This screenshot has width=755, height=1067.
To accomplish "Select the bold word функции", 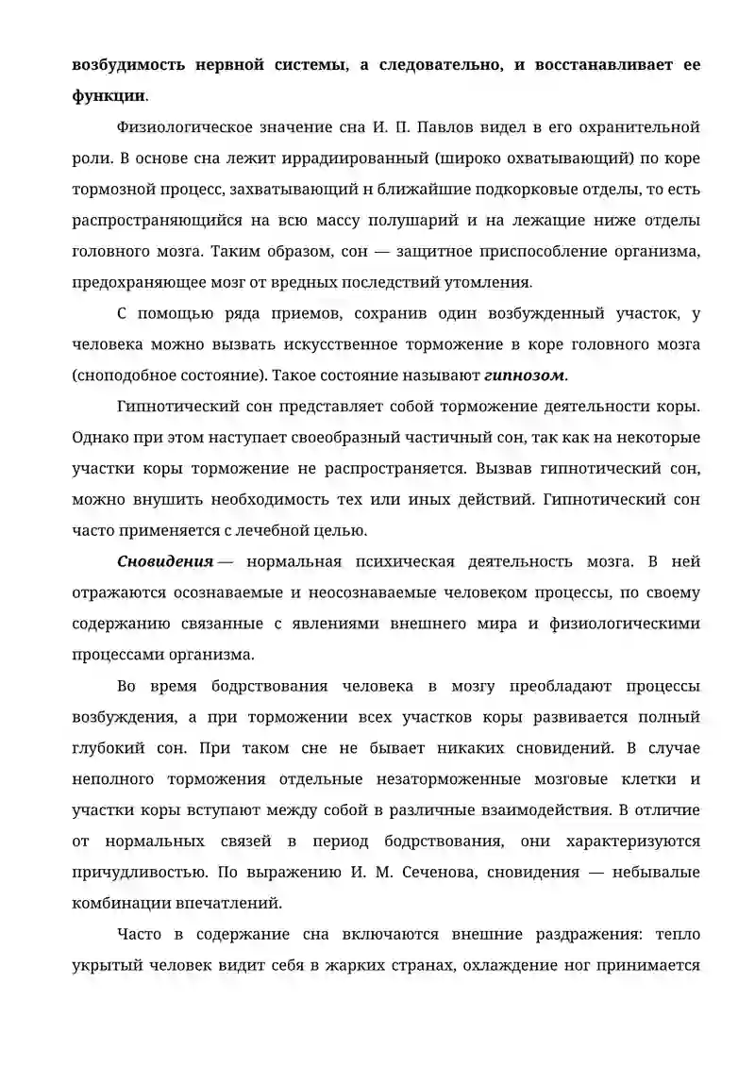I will pos(108,95).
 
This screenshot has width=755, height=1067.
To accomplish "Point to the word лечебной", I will pos(265,530).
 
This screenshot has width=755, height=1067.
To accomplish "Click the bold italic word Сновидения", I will pos(165,562).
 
